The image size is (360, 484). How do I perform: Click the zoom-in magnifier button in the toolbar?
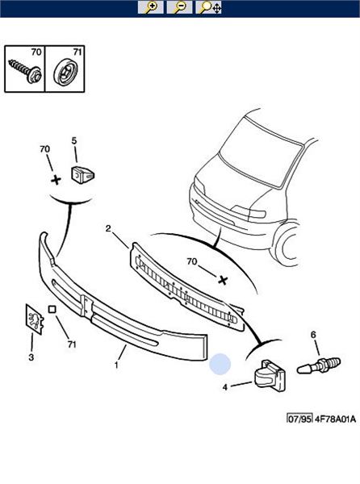150,7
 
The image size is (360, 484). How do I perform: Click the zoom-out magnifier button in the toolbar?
179,7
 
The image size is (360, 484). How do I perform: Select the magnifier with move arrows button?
209,7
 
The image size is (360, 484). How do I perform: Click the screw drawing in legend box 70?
26,71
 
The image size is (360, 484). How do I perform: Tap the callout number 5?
74,140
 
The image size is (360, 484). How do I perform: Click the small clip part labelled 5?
83,175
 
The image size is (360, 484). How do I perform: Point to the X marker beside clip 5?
56,180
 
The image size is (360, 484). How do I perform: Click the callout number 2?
108,229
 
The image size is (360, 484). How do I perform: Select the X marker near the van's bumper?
223,280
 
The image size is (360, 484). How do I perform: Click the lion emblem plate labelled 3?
35,319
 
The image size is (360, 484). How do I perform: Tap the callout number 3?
31,357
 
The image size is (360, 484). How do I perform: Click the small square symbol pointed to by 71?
52,309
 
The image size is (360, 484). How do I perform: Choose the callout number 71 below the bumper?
72,344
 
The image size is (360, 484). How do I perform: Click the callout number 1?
116,365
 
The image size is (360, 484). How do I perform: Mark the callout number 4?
224,387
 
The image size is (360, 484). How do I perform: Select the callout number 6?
313,335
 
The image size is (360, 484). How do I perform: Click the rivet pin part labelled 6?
319,365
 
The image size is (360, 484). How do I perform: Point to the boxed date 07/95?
299,419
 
